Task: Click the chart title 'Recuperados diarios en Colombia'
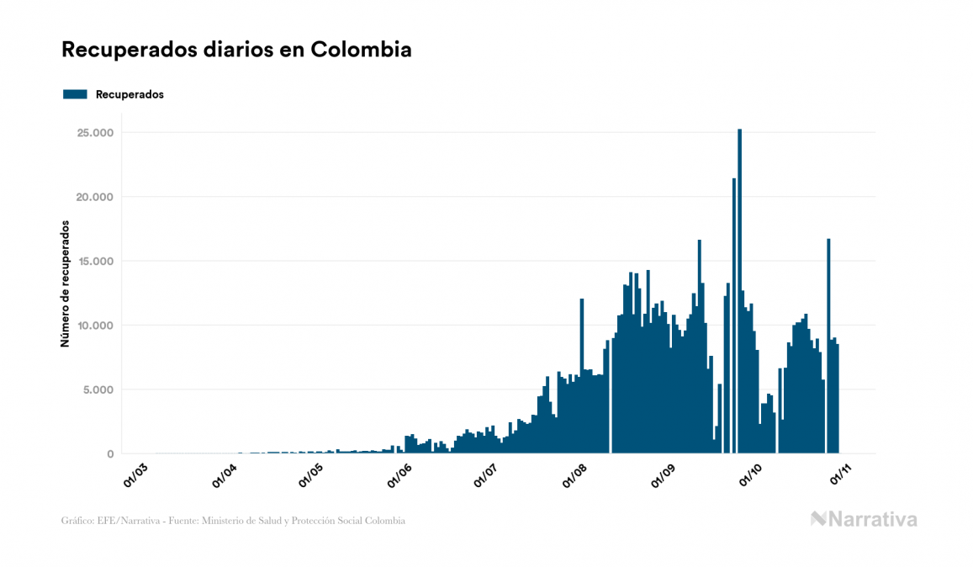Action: (236, 50)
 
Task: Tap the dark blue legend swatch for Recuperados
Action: (75, 94)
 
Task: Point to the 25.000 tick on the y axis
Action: (95, 133)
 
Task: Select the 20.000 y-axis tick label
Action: (95, 197)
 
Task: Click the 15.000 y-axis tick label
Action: (95, 262)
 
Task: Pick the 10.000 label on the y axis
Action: (95, 326)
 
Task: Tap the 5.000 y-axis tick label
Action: (98, 389)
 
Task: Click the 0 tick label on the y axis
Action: (110, 454)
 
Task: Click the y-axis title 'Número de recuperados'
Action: (65, 284)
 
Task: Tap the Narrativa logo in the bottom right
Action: (864, 519)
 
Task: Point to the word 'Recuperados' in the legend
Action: (130, 94)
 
